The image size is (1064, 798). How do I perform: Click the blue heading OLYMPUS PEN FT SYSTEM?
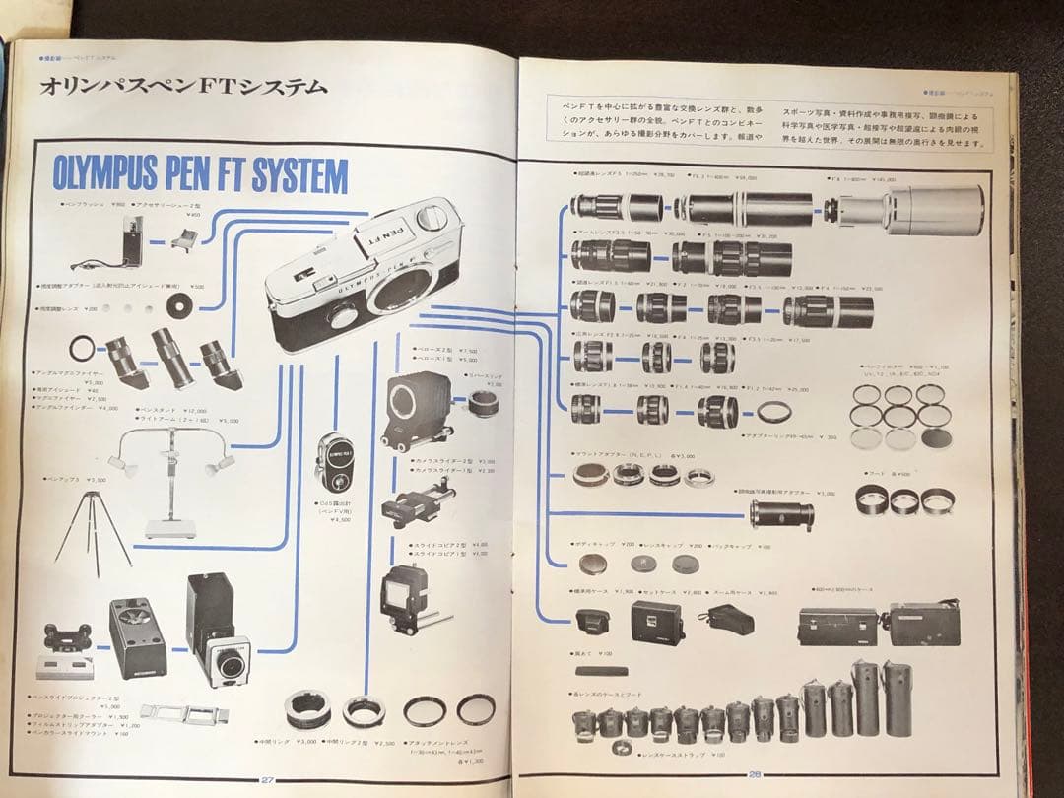point(201,176)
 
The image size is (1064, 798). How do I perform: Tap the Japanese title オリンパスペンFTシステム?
point(183,87)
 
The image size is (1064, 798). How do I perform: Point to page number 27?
point(267,779)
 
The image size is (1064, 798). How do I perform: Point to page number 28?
point(754,773)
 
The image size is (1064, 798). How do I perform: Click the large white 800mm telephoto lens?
point(911,209)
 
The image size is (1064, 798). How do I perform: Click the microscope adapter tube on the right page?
point(781,513)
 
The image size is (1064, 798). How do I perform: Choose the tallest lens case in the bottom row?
point(866,698)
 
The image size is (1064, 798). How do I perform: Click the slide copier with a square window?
point(405,595)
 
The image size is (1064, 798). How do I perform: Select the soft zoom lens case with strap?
point(727,620)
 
